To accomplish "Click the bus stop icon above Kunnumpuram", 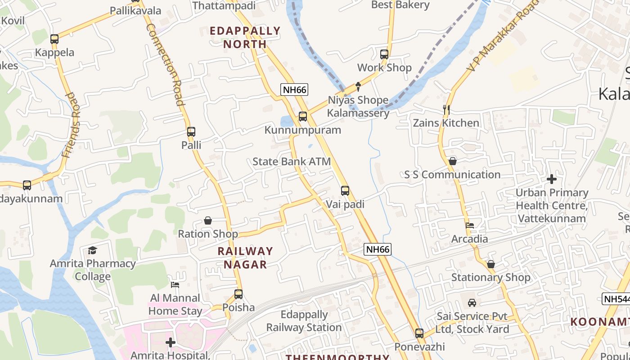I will point(303,117).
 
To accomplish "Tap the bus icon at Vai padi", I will point(345,191).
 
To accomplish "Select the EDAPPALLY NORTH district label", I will point(245,37).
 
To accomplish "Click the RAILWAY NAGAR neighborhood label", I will point(245,257).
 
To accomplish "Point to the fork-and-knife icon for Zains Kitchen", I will point(446,109).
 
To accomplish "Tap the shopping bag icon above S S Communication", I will point(453,161).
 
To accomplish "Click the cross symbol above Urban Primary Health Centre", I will point(552,180).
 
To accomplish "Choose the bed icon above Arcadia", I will point(470,225).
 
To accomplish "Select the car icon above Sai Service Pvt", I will point(472,303).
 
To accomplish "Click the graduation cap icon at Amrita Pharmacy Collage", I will point(93,250).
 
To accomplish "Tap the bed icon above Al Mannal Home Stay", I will point(175,284).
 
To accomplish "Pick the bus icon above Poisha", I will point(238,294).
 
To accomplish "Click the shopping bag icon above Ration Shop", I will point(208,220).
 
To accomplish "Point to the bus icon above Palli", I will point(191,132).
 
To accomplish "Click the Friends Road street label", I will point(72,125).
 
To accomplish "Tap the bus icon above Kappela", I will point(54,39).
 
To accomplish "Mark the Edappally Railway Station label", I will point(304,321).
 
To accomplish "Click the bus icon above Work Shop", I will point(384,54).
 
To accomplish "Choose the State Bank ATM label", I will point(292,162).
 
